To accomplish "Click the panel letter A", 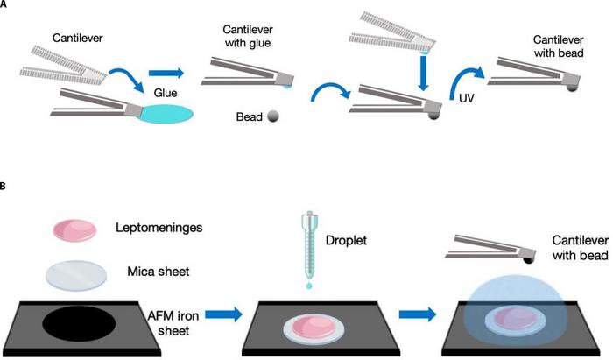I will point(5,5).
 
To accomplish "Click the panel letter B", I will point(5,187).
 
